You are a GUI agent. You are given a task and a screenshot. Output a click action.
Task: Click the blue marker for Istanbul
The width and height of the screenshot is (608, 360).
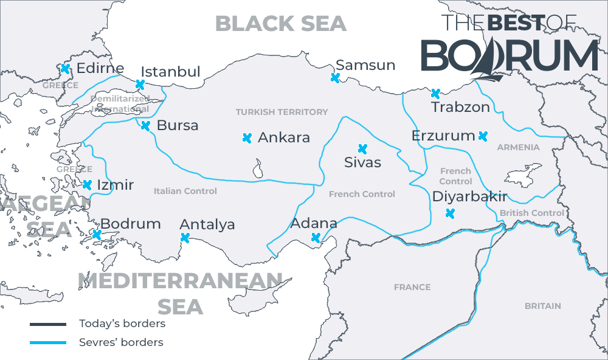tap(140, 85)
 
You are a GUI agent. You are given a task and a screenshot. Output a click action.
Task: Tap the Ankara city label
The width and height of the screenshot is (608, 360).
tap(284, 137)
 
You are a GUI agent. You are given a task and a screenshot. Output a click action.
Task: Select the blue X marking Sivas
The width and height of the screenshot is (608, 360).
tap(363, 148)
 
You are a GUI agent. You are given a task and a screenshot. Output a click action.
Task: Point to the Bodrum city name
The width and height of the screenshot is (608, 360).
tap(130, 224)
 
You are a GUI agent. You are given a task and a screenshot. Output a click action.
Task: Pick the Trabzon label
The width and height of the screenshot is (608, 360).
tap(460, 108)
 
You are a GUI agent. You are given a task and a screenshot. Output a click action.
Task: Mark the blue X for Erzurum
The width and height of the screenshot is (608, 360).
tap(483, 136)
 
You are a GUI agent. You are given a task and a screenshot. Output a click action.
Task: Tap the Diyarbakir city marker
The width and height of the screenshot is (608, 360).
tap(450, 213)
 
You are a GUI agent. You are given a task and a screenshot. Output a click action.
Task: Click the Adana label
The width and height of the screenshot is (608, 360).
tap(314, 223)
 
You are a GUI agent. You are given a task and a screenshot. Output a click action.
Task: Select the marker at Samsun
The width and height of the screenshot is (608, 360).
tap(334, 77)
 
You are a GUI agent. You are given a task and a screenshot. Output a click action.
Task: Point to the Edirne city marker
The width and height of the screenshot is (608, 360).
tap(65, 69)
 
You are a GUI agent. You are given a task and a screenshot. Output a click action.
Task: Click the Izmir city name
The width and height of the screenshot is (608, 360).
tap(115, 185)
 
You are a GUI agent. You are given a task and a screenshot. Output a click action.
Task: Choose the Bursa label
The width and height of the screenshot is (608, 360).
tap(178, 126)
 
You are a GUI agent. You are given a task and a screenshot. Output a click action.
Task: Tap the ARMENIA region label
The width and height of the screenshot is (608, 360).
tap(518, 147)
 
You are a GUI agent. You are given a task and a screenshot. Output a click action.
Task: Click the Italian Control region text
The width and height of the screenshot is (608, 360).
tap(185, 191)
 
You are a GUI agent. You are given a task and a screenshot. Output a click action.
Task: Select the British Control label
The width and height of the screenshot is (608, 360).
tap(531, 213)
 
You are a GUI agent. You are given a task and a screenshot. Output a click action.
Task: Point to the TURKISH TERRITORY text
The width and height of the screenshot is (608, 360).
tap(282, 112)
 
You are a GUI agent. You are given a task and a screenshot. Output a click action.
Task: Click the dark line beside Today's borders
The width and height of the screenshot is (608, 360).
tap(48, 324)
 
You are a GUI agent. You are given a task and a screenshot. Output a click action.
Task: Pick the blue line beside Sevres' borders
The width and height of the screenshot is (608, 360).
tap(48, 343)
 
